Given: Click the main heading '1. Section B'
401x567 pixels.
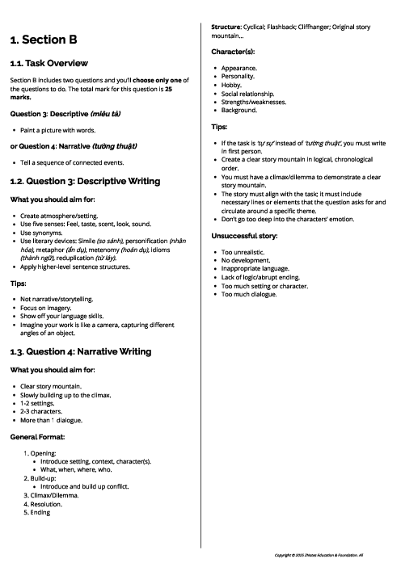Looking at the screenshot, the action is (44, 40).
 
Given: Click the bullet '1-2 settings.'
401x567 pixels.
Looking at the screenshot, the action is (40, 404).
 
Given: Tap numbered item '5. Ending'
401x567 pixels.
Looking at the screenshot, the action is (39, 512).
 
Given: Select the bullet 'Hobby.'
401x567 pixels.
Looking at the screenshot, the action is (231, 85).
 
